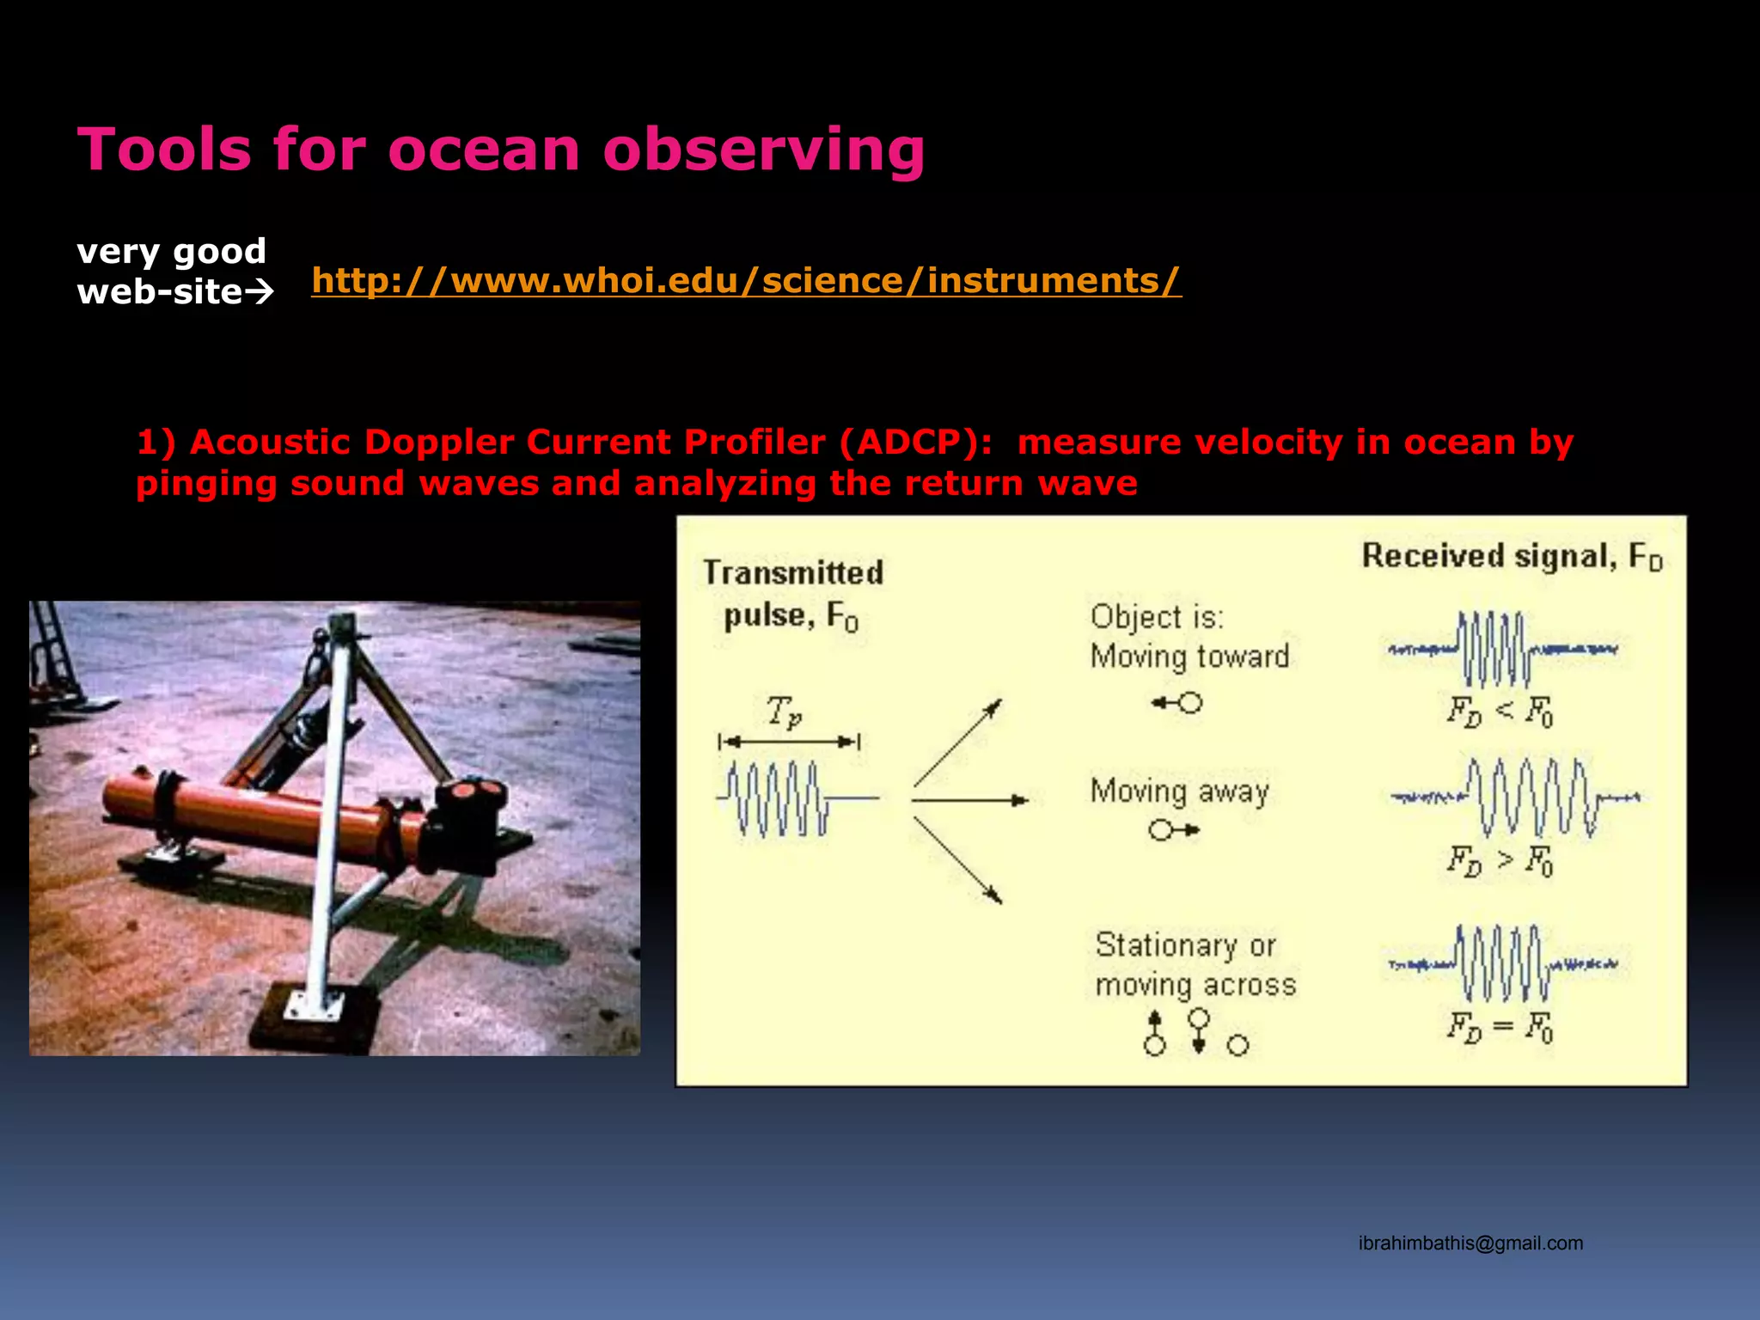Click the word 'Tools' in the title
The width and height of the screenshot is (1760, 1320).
click(x=164, y=150)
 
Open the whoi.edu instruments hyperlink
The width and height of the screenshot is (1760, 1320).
click(x=746, y=281)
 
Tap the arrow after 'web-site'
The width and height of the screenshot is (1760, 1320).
click(x=260, y=293)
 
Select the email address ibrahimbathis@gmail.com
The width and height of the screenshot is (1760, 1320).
click(x=1470, y=1243)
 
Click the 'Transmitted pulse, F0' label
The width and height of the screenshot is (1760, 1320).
click(x=792, y=594)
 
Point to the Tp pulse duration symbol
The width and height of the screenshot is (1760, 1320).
click(x=784, y=712)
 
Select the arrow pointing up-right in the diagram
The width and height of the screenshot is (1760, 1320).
click(x=957, y=742)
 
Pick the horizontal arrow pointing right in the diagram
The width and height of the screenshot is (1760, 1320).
click(x=969, y=801)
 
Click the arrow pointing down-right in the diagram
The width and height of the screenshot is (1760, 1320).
click(x=957, y=859)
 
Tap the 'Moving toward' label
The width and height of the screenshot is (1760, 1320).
click(x=1189, y=657)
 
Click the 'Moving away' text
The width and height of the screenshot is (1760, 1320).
click(x=1179, y=791)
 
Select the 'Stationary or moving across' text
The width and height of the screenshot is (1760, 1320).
click(x=1195, y=964)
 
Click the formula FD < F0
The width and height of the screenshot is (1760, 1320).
click(x=1500, y=712)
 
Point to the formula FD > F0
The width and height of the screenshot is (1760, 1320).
click(x=1500, y=860)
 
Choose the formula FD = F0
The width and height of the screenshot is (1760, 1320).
click(x=1500, y=1026)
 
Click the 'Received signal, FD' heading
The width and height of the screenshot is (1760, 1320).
click(x=1512, y=557)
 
